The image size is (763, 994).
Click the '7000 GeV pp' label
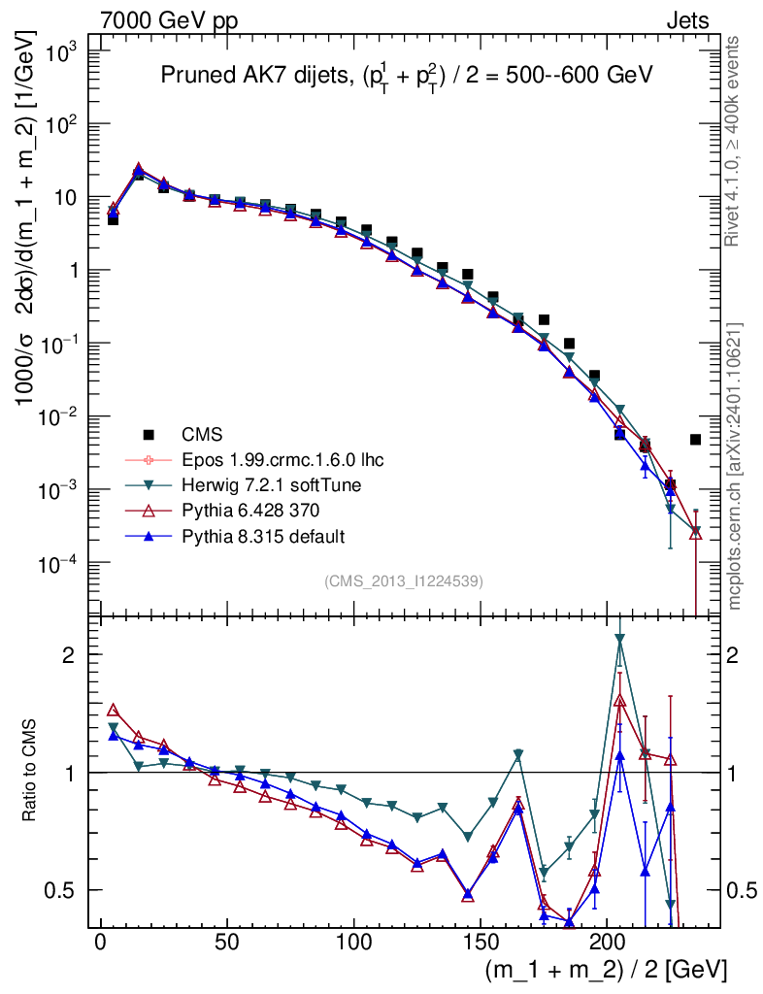click(169, 20)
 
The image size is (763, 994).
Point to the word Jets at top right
click(686, 20)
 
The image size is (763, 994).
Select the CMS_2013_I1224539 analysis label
click(404, 581)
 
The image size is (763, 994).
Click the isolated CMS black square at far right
click(695, 440)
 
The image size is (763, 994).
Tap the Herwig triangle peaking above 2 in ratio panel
click(619, 639)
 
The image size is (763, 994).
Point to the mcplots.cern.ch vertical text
click(735, 466)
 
